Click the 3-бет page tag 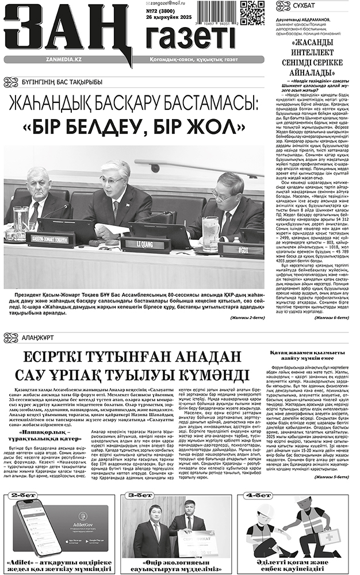coord(140,495)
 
